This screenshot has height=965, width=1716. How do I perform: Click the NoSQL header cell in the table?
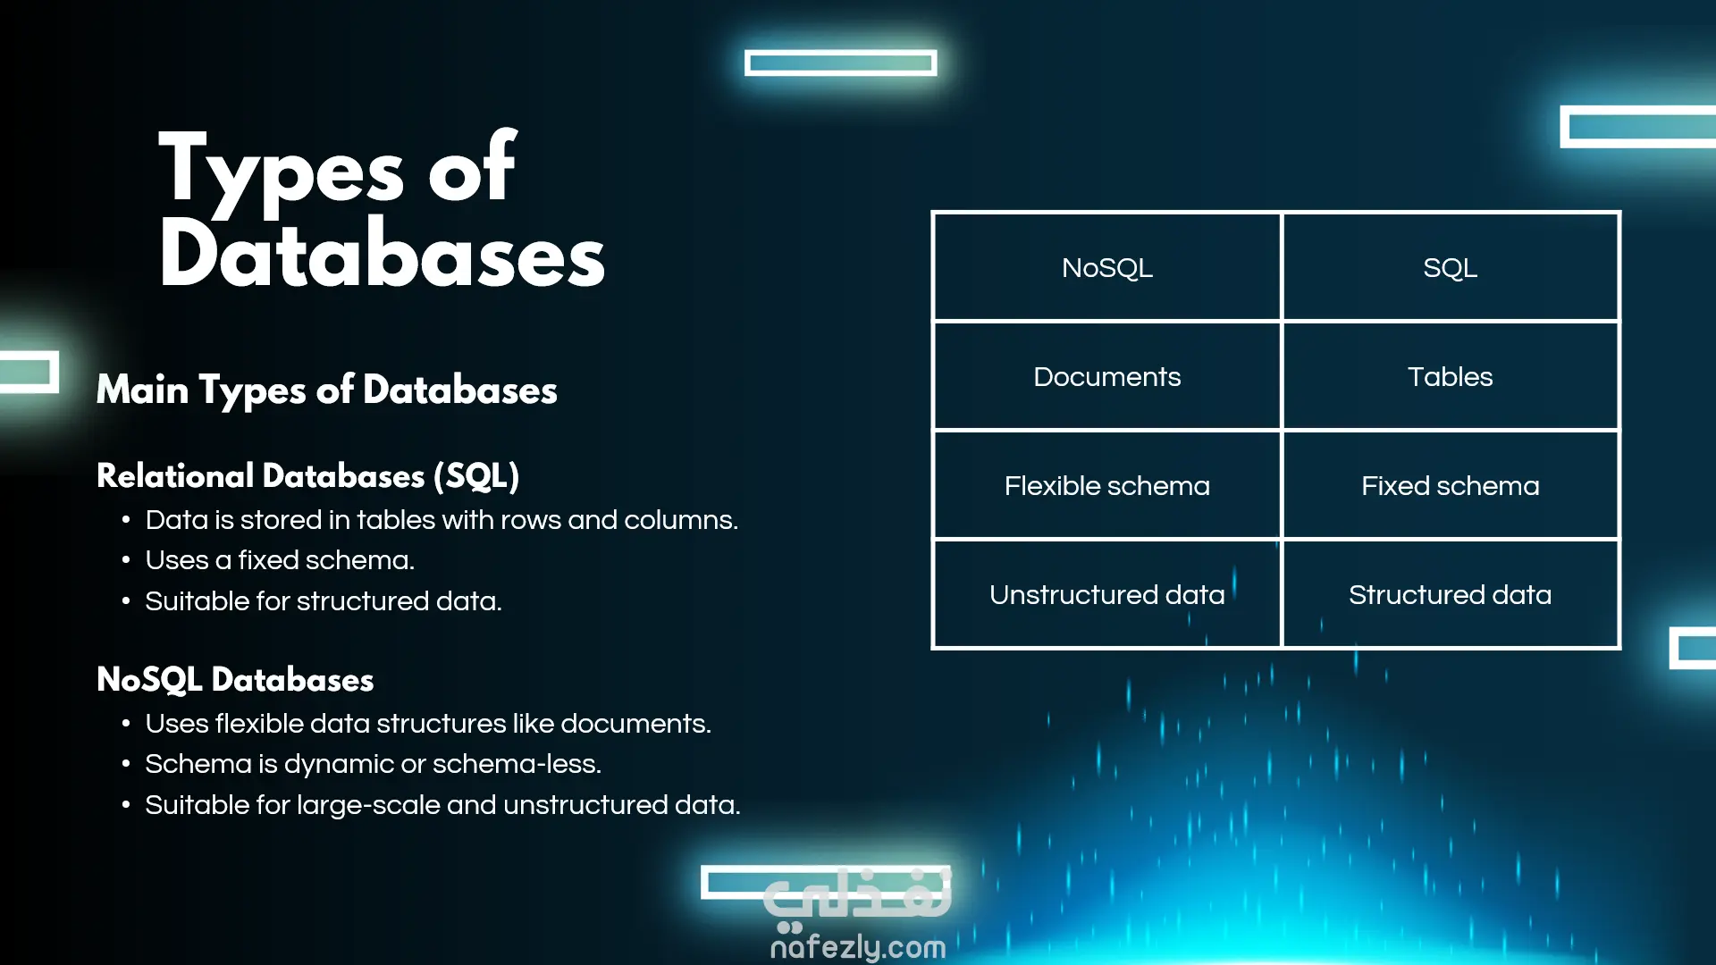(1106, 267)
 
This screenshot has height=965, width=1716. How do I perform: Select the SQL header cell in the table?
(1450, 267)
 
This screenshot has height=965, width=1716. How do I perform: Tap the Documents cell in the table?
(1106, 376)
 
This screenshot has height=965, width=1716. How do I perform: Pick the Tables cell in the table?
(1450, 376)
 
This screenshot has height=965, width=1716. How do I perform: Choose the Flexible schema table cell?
(1106, 485)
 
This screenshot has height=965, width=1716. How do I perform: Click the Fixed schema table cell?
(1450, 485)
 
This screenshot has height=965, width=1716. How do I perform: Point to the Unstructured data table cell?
(1106, 594)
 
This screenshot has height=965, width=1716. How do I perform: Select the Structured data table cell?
(1450, 594)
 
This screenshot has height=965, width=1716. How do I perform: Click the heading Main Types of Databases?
(326, 390)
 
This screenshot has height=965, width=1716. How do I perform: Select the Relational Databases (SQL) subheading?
(307, 475)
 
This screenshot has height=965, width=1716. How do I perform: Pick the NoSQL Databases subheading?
(235, 679)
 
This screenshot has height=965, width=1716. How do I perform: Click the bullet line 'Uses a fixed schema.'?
(280, 560)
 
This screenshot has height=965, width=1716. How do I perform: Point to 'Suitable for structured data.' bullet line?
(324, 601)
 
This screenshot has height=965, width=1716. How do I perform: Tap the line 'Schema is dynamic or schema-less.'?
(373, 764)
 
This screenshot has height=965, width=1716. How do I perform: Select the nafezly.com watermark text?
(858, 946)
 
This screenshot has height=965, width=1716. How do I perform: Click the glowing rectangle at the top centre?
(840, 63)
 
